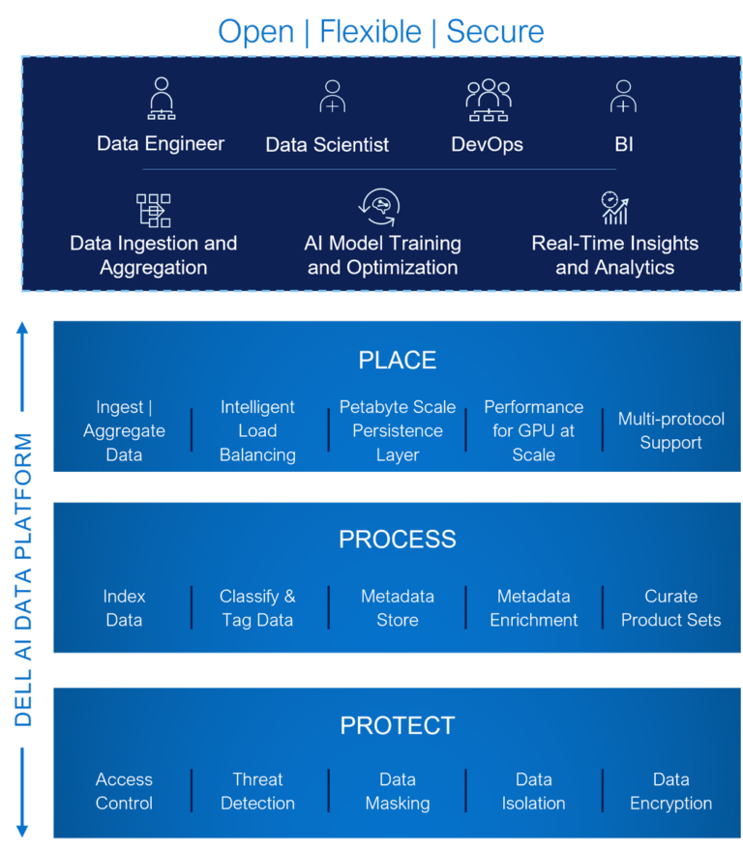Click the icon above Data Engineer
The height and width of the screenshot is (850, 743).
(x=161, y=99)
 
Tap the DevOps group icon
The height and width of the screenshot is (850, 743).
(x=488, y=100)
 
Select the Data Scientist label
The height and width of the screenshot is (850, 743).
(x=327, y=145)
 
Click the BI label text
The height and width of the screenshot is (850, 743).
(x=623, y=145)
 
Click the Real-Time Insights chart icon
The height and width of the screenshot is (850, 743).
(x=614, y=208)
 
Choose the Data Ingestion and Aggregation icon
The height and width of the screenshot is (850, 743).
(x=153, y=209)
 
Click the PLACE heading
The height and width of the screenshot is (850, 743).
(x=397, y=361)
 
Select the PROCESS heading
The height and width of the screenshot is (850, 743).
(x=397, y=539)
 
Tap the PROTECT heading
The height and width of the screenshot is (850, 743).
(x=397, y=725)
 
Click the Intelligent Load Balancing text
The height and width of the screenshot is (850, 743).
(x=257, y=431)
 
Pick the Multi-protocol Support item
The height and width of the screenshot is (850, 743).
(x=670, y=431)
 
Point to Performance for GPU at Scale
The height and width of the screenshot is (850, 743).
(x=533, y=431)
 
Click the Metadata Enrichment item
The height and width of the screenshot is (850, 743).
(x=533, y=608)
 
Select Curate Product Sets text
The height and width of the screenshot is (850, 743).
(x=670, y=608)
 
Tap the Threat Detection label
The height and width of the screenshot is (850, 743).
(x=257, y=791)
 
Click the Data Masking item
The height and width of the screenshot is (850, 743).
(x=397, y=791)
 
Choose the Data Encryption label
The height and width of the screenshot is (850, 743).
(x=670, y=791)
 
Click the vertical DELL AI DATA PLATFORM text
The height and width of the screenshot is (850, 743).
(x=23, y=580)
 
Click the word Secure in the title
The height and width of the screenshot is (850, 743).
(x=494, y=32)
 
